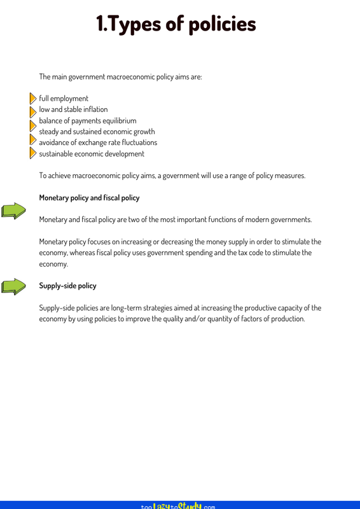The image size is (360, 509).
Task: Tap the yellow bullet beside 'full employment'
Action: pos(33,99)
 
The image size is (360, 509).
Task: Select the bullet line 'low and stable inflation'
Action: pos(73,109)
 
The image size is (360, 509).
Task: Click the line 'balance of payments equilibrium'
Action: pos(88,120)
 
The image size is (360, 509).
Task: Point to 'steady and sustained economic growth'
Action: pos(97,131)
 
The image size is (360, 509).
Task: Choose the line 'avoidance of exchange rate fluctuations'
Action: pos(98,142)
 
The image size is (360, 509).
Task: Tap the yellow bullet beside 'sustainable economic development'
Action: pos(33,153)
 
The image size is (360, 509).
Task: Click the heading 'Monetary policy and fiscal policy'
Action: pos(89,198)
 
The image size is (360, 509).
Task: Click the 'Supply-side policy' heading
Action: pos(67,286)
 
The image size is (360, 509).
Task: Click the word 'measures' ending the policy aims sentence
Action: pos(290,175)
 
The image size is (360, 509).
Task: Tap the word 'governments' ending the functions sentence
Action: pos(290,220)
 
